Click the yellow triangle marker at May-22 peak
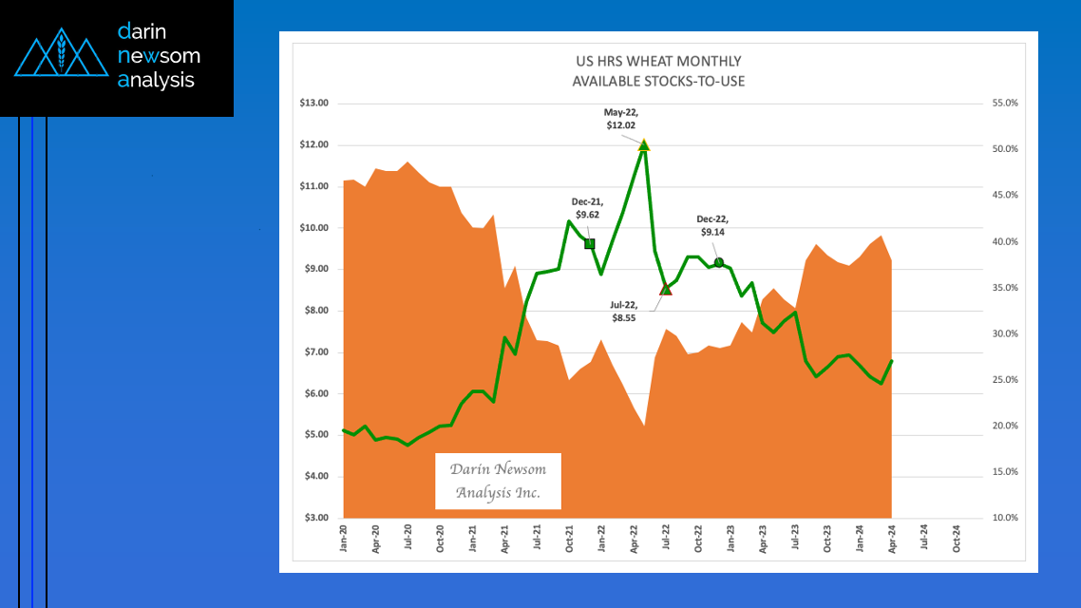644,145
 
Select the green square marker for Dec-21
589,244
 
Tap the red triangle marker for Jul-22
666,289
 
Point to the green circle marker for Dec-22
719,262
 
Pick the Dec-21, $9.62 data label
585,208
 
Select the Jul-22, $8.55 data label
623,311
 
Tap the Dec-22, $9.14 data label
712,224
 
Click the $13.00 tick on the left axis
314,104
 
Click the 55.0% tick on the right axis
1004,104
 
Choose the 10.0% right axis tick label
1004,518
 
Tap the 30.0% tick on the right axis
1004,333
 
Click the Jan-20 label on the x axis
343,539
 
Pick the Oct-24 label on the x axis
957,539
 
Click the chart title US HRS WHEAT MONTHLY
658,62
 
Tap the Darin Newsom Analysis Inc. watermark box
498,481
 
